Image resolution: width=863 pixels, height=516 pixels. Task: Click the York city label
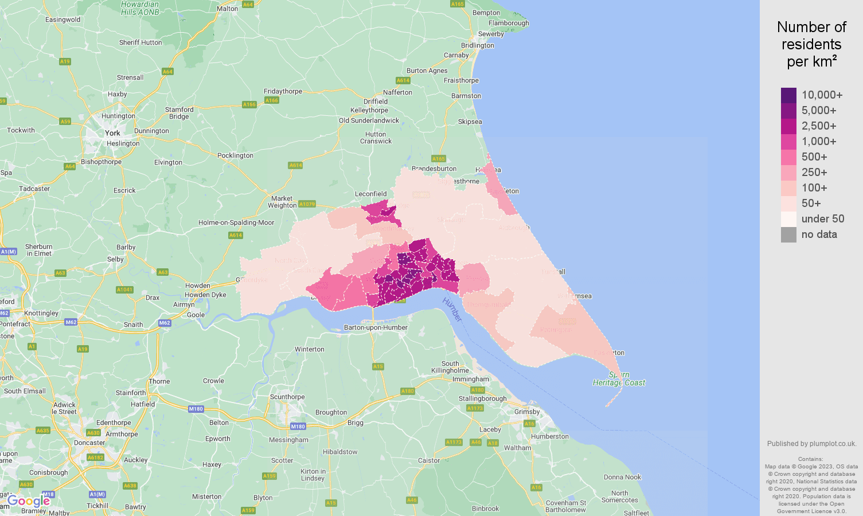click(112, 133)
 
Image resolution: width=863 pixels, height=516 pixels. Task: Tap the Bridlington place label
click(477, 45)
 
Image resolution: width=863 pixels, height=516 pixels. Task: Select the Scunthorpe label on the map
click(287, 397)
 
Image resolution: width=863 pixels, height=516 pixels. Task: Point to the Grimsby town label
click(527, 412)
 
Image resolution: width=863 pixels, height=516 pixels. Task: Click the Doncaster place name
click(89, 443)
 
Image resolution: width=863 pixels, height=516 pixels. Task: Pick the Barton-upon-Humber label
click(376, 327)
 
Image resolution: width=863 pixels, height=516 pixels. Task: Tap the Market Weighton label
click(282, 202)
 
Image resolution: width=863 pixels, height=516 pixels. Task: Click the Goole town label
click(196, 315)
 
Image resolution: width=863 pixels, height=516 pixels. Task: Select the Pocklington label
click(235, 155)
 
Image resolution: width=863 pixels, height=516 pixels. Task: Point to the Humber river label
click(452, 310)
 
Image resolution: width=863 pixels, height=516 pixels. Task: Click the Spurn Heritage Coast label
click(619, 379)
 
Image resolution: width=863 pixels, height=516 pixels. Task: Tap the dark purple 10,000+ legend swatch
click(788, 95)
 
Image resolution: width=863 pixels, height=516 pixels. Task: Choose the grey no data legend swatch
click(788, 234)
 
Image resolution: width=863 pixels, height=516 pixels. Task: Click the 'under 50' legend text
click(822, 218)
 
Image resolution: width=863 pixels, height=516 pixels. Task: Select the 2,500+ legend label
click(818, 126)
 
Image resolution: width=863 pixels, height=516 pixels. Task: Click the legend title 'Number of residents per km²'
click(811, 44)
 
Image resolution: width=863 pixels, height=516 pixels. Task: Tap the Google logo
click(28, 501)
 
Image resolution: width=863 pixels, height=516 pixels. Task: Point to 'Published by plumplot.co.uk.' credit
click(811, 443)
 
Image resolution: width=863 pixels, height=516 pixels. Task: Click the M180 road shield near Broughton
click(298, 427)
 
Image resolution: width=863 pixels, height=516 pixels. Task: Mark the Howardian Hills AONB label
click(140, 8)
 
